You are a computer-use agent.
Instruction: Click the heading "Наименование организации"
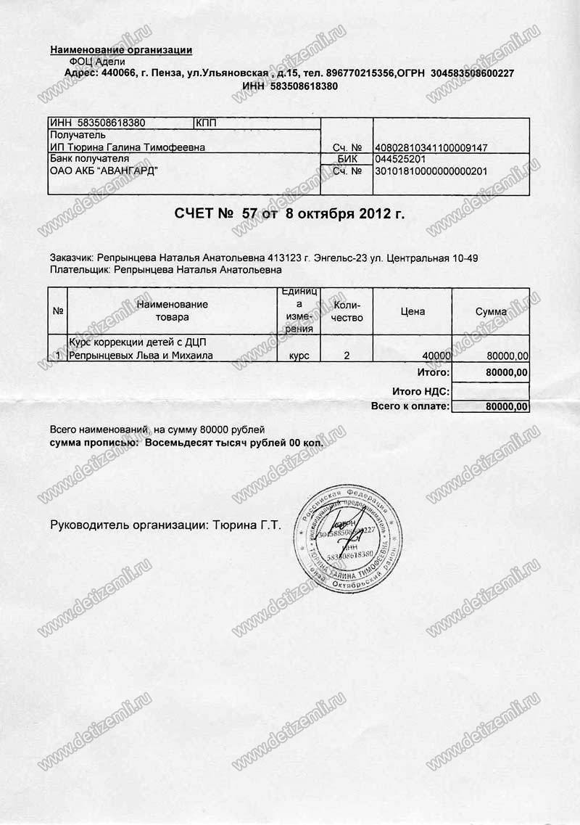pos(121,50)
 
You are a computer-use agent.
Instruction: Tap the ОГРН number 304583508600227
pos(472,73)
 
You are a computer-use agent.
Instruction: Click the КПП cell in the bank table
pos(207,123)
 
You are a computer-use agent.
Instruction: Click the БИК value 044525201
pos(399,160)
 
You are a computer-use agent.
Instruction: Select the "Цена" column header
pos(413,311)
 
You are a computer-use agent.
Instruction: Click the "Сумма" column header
pos(491,311)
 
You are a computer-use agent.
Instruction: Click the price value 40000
pos(436,356)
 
